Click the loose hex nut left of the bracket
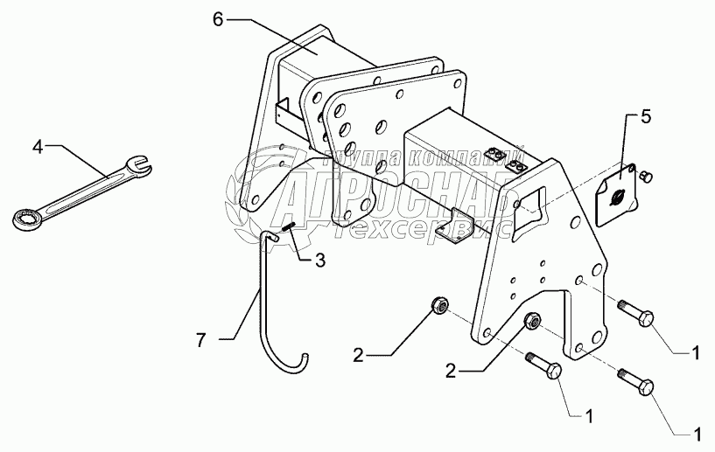(440, 306)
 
